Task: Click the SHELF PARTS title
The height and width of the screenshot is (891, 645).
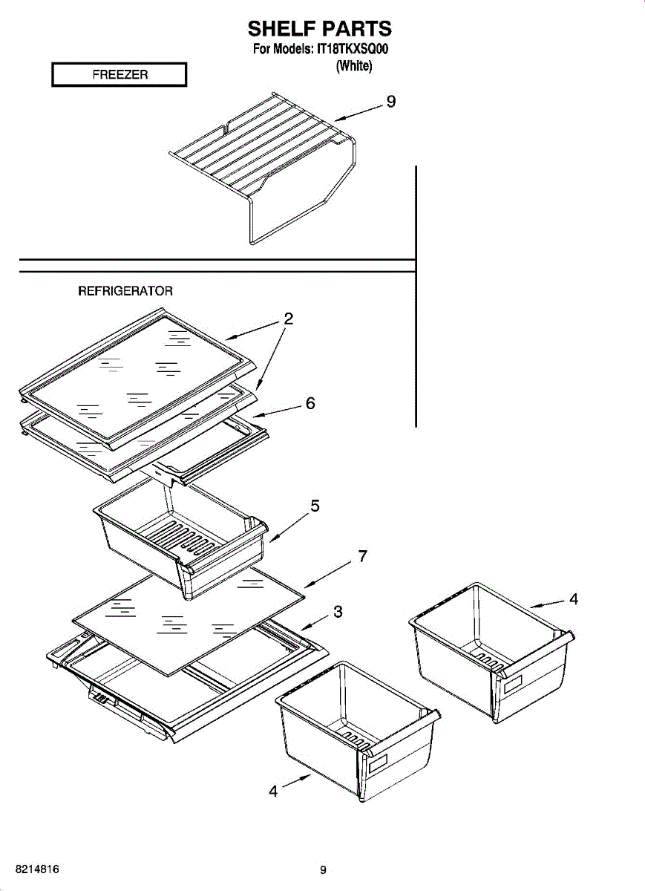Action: click(x=319, y=29)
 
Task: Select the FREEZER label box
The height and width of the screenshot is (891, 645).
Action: click(x=119, y=75)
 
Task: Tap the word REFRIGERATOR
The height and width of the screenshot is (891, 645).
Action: click(x=125, y=291)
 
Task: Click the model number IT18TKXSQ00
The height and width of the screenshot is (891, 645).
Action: click(x=353, y=50)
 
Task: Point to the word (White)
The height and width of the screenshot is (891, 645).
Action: click(x=353, y=66)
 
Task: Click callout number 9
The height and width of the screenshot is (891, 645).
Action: click(x=390, y=102)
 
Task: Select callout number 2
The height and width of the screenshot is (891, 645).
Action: click(x=289, y=319)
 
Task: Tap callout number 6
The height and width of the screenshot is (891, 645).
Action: click(x=310, y=403)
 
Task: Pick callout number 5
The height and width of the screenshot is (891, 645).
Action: click(x=315, y=506)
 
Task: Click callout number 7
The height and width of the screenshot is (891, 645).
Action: click(x=361, y=556)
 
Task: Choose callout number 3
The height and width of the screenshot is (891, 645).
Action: click(x=338, y=612)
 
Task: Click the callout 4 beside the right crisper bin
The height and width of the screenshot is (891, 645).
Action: click(x=573, y=600)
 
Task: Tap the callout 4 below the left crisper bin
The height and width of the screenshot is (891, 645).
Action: click(x=273, y=792)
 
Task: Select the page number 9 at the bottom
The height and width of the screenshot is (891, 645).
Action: click(x=323, y=870)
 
